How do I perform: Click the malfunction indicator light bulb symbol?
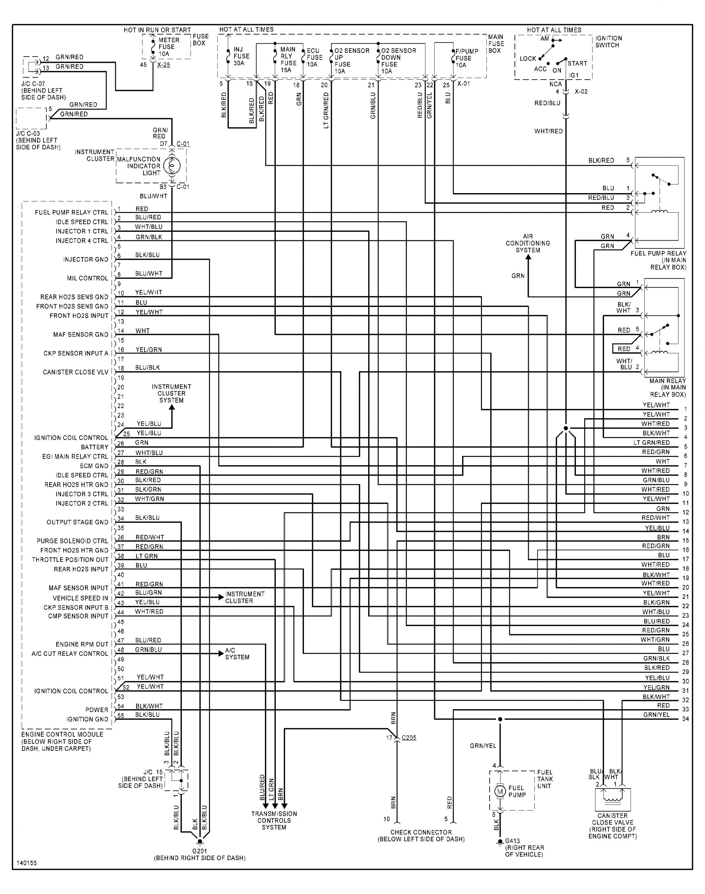[x=172, y=166]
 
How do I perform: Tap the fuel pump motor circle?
[x=500, y=791]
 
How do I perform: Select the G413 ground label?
[x=512, y=841]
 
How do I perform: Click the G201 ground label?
[x=199, y=851]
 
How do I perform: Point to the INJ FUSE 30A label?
[x=242, y=56]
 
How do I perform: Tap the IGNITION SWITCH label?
[x=608, y=41]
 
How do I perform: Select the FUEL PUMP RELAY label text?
[x=658, y=253]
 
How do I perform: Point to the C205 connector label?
[x=409, y=738]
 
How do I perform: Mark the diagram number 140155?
[x=27, y=863]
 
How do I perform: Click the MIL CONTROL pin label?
[x=88, y=278]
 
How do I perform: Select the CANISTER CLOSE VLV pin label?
[x=75, y=372]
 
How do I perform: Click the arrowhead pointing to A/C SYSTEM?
[x=221, y=653]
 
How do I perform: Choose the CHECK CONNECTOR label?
[x=421, y=832]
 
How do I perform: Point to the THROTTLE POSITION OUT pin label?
[x=70, y=559]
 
